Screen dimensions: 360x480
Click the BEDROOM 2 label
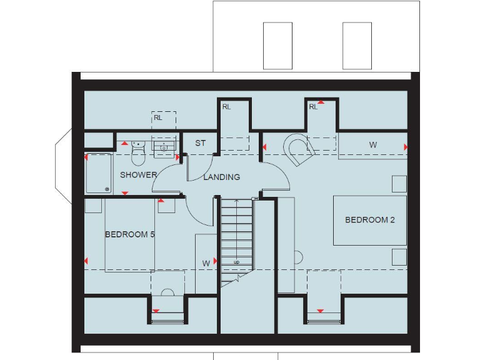tap(369, 220)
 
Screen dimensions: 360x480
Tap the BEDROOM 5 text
tap(129, 234)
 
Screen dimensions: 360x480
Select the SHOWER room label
tap(138, 174)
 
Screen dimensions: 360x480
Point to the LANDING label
tap(221, 177)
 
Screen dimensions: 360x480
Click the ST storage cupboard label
tap(200, 143)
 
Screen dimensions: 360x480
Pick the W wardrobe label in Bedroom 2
tap(373, 145)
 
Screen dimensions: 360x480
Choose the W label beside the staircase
tap(206, 264)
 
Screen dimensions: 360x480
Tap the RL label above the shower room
tap(158, 117)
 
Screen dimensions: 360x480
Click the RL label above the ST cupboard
tap(226, 107)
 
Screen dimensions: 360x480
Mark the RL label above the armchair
tap(313, 107)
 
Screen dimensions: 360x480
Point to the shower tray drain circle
tap(107, 189)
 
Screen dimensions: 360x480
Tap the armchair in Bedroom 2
tap(299, 149)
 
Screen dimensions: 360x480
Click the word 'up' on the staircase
tap(236, 262)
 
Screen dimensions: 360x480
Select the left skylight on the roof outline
tap(277, 46)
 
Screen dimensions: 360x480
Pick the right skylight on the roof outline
tap(357, 46)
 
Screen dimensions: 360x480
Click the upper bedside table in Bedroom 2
tap(399, 184)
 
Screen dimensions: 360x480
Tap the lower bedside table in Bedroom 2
tap(399, 256)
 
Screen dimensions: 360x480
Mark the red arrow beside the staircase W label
tap(215, 261)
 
